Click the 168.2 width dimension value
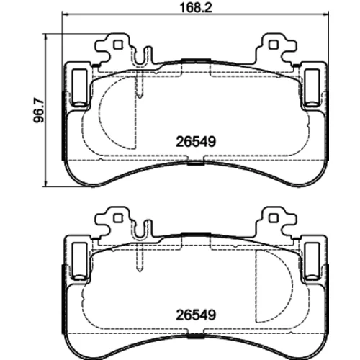(x=196, y=8)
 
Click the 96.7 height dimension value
(x=39, y=111)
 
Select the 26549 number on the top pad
(x=196, y=142)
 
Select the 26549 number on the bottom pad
(x=196, y=315)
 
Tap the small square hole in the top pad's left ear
(x=117, y=45)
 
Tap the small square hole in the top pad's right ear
(x=274, y=45)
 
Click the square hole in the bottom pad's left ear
(x=117, y=218)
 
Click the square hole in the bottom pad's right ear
(x=274, y=218)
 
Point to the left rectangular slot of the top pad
(x=79, y=88)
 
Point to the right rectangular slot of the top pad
(x=312, y=88)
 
